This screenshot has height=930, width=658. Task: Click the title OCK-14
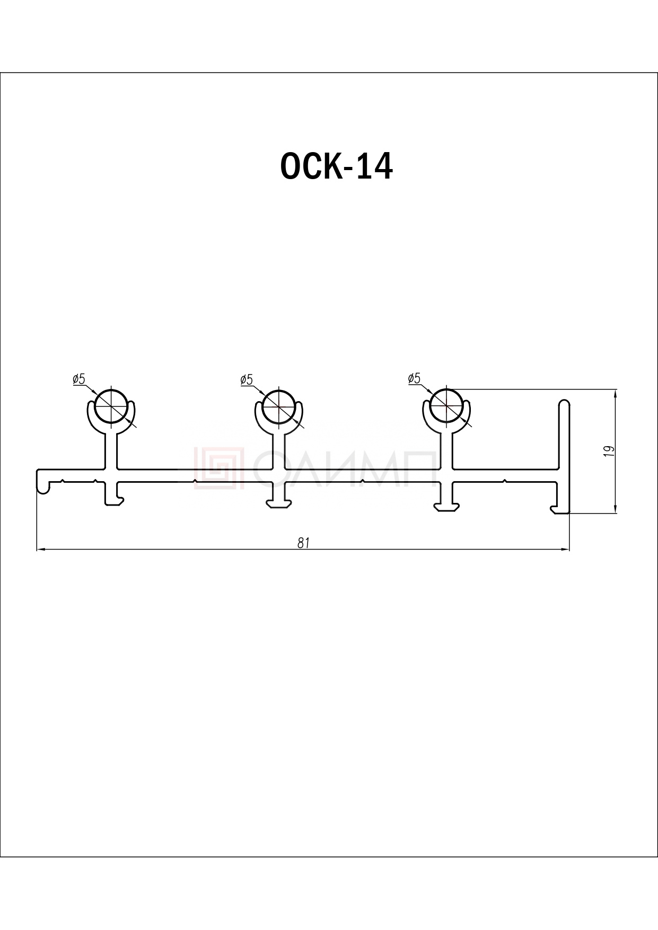(336, 166)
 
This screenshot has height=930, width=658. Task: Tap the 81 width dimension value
(303, 543)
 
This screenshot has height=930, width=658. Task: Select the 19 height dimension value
(609, 451)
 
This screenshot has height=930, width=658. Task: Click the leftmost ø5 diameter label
(78, 379)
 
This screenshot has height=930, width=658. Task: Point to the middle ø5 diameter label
(247, 379)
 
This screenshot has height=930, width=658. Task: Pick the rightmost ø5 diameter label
(414, 378)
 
